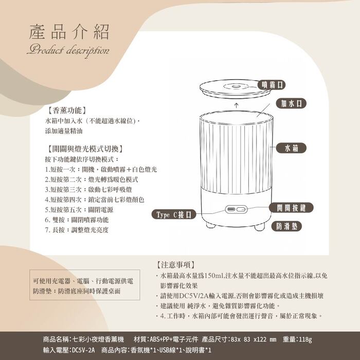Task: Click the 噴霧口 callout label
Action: pos(272,85)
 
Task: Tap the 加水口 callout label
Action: pos(291,103)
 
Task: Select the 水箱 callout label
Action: pos(291,148)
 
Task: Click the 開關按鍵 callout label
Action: pos(291,208)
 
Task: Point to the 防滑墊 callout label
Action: pos(286,226)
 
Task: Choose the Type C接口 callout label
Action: pos(174,214)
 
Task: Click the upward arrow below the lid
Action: pos(236,105)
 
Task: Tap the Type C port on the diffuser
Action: pos(230,209)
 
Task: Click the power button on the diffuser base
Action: pos(241,209)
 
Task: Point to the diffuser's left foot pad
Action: pos(210,225)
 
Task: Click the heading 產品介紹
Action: pos(69,32)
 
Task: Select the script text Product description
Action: pos(68,50)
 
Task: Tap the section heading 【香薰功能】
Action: pos(67,111)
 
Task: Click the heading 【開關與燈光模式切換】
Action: pos(85,149)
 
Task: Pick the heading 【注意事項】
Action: pos(176,265)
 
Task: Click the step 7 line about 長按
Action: pos(77,230)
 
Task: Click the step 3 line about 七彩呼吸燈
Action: pos(88,189)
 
